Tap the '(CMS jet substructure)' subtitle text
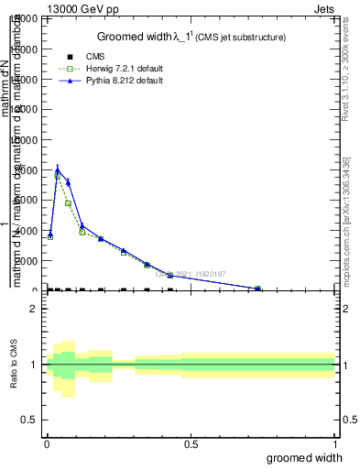pos(242,38)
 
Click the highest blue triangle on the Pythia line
pos(58,168)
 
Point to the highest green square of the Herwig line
pos(58,174)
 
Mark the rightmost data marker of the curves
pos(257,289)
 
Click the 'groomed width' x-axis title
pos(305,457)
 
